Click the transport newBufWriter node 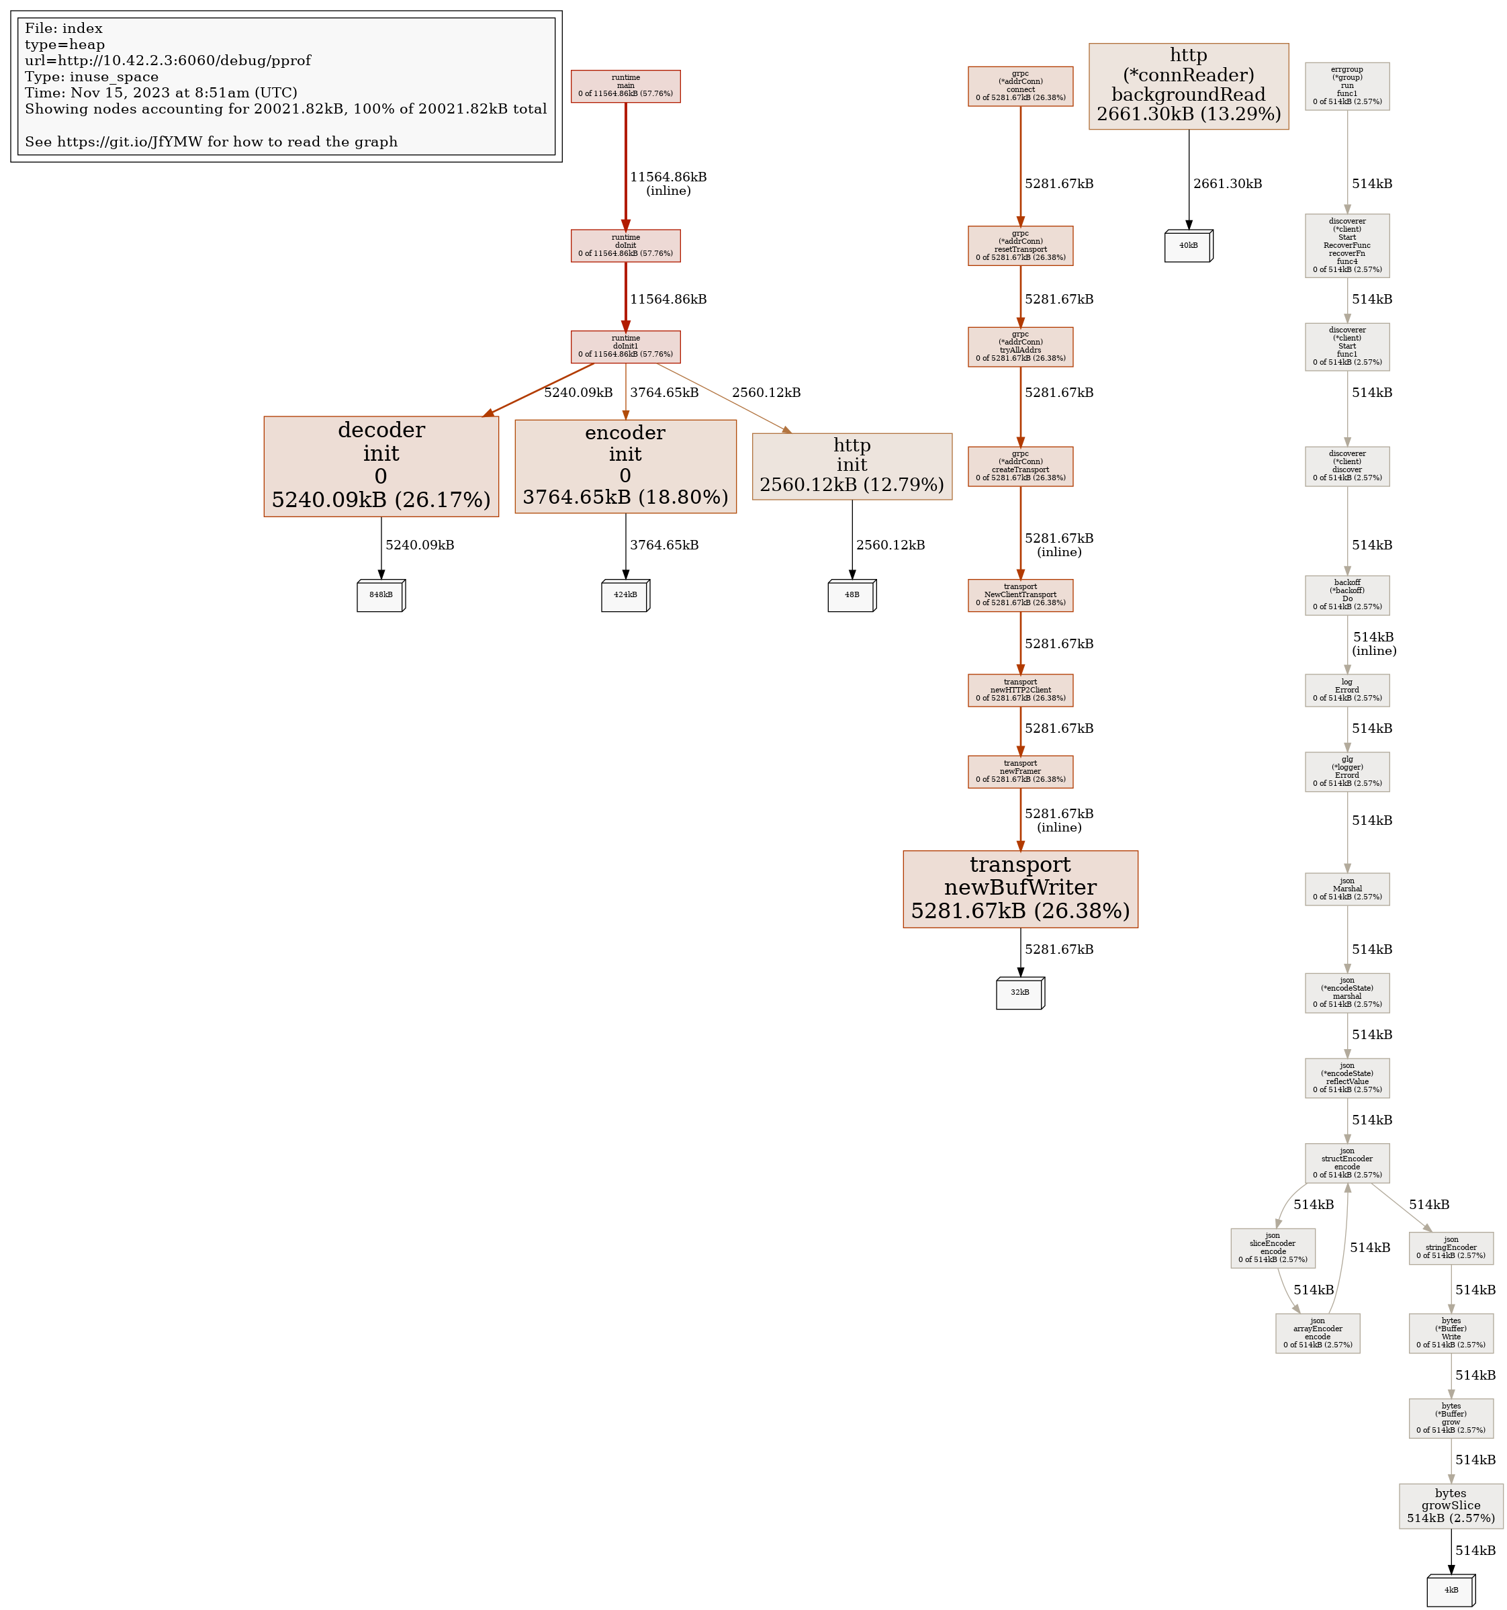1020,889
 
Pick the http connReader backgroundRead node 1188,86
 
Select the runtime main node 625,86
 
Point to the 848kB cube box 381,595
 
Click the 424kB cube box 625,595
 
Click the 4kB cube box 1451,1590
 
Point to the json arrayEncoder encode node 1318,1333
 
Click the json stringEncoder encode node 1451,1248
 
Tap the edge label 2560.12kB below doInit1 766,393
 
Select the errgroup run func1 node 1346,86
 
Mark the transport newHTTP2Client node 1020,690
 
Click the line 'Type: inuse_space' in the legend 91,77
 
